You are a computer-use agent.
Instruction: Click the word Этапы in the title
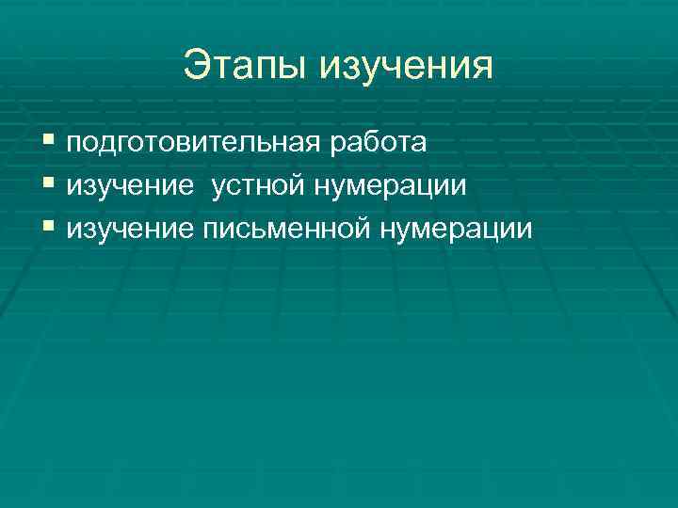coord(247,67)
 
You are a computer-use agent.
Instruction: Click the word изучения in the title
coord(408,67)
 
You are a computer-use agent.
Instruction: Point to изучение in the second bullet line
coord(130,185)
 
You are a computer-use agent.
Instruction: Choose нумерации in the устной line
coord(390,185)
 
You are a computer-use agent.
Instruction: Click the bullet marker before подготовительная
coord(50,143)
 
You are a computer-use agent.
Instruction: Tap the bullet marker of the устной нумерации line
coord(50,185)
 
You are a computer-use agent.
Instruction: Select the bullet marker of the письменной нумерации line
coord(50,228)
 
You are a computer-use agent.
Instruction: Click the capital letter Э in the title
coord(197,65)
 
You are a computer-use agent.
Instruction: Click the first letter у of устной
coord(220,187)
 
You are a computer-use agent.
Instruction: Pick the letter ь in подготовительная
coord(267,144)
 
